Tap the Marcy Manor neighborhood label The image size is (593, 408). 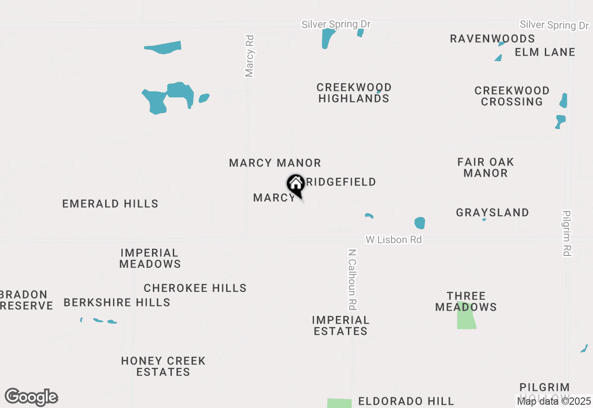click(275, 163)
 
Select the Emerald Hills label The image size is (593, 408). click(110, 204)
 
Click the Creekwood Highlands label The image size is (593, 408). click(354, 93)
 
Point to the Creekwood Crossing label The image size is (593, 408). click(512, 96)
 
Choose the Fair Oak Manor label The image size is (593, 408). click(486, 167)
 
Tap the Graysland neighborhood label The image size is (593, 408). click(492, 212)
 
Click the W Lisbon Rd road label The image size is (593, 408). click(394, 240)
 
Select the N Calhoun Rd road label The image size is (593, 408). click(353, 280)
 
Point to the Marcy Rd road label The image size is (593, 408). click(250, 56)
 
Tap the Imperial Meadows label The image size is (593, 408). click(150, 258)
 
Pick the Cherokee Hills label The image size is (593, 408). click(195, 288)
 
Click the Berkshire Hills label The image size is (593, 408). click(117, 302)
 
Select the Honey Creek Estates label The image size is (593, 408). click(163, 366)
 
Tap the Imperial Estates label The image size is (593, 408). click(341, 325)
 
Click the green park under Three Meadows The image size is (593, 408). click(466, 319)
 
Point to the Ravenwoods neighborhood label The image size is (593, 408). click(492, 38)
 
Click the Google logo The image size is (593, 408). click(31, 397)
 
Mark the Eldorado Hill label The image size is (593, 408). click(406, 401)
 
